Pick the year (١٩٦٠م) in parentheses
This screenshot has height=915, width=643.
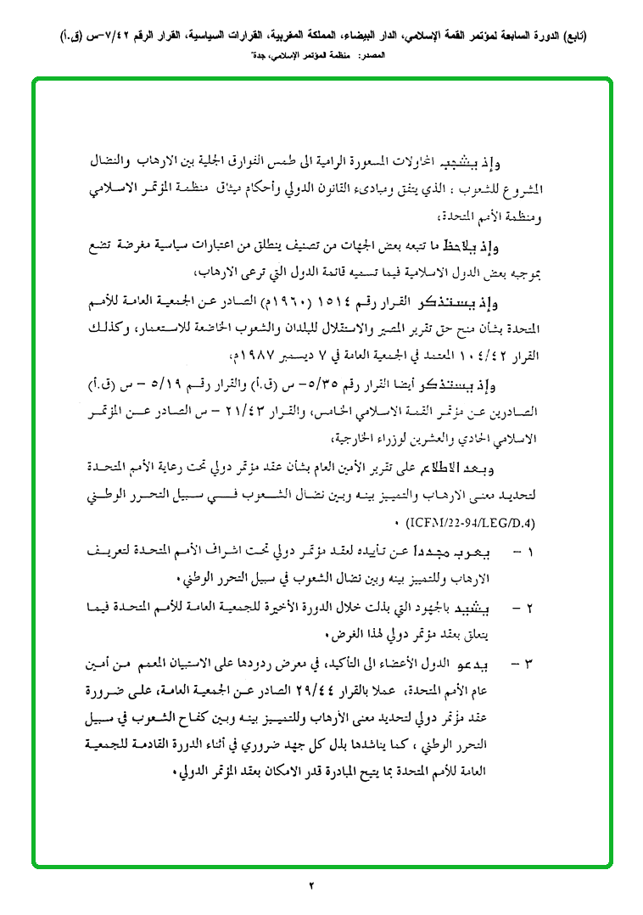pyautogui.click(x=313, y=304)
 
